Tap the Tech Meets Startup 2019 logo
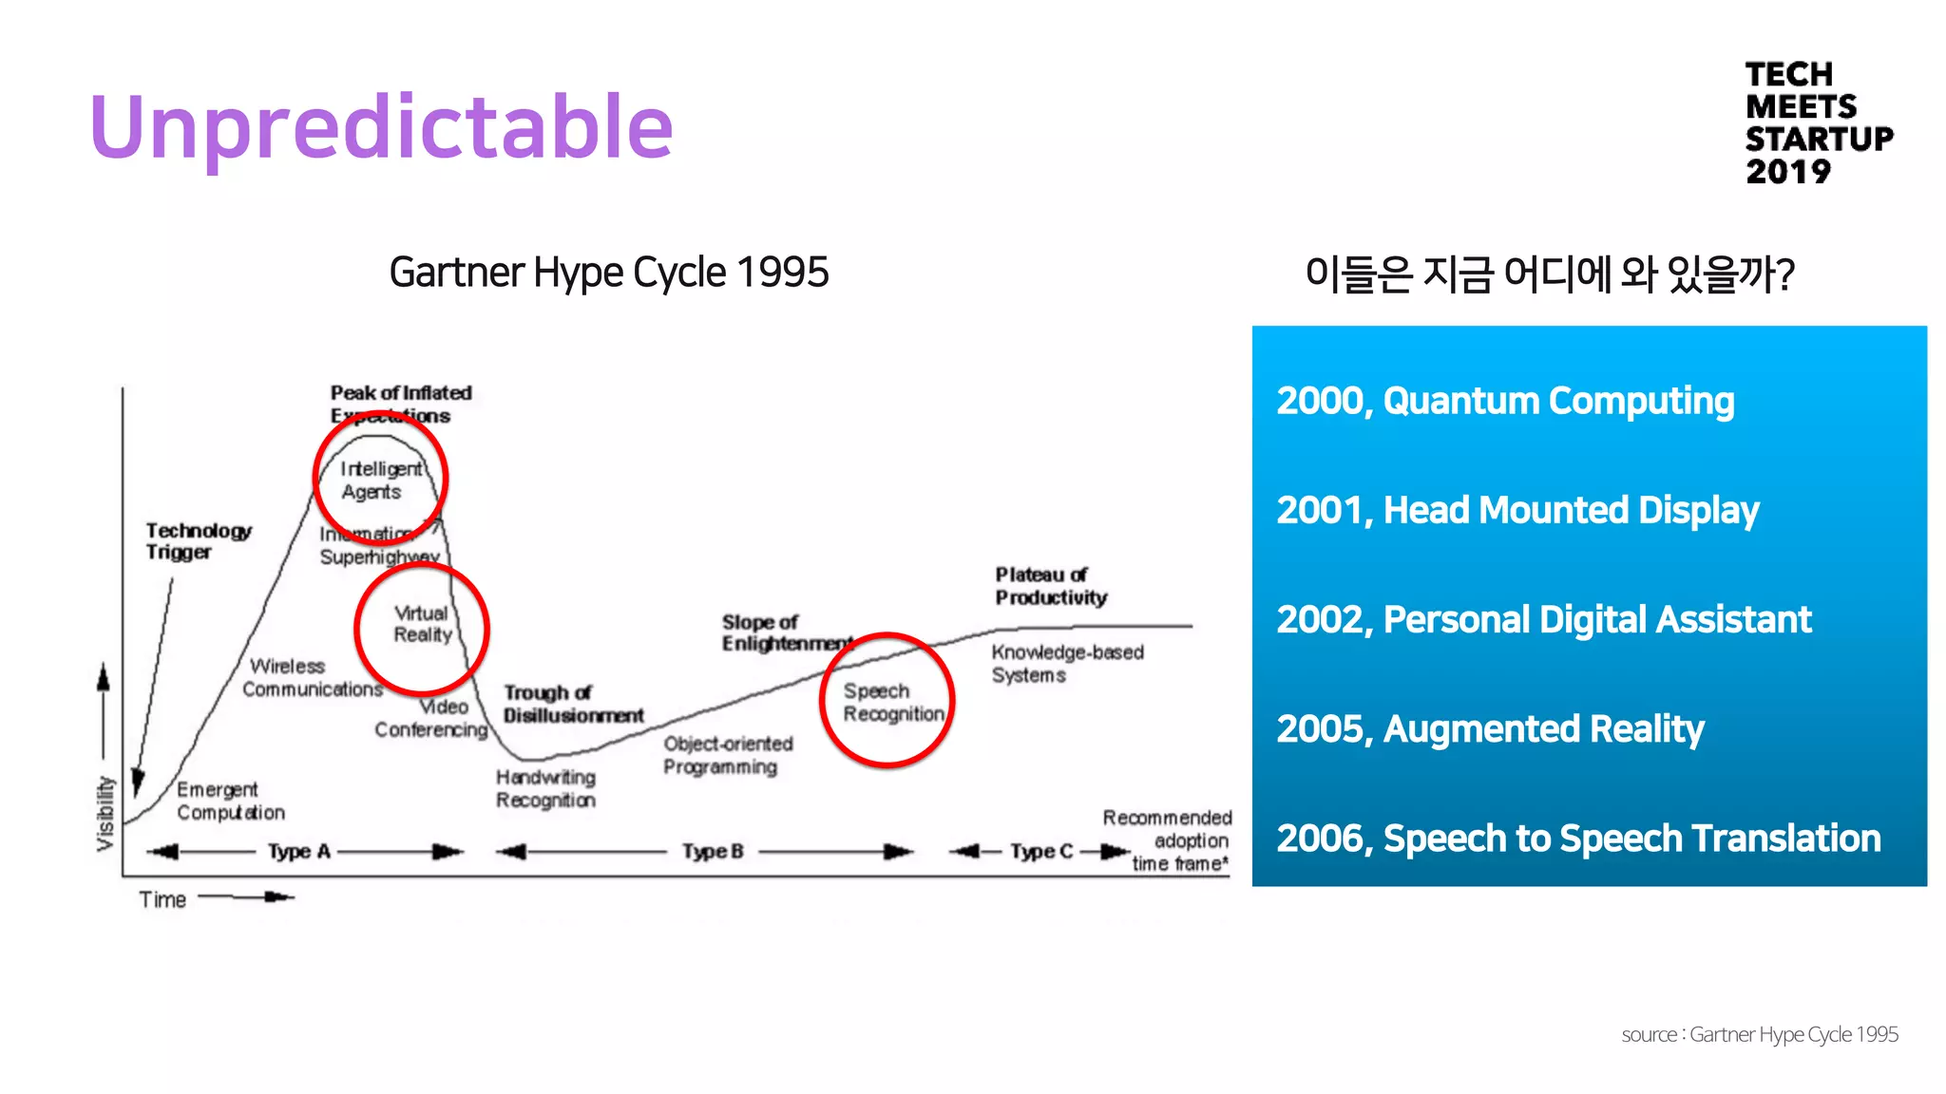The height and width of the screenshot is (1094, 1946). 1817,123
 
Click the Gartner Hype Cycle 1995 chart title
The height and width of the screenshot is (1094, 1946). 608,273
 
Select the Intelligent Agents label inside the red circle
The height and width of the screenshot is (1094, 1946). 379,481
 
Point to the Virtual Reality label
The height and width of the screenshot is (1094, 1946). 422,624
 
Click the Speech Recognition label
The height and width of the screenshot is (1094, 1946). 891,703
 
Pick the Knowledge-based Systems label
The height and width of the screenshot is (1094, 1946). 1066,663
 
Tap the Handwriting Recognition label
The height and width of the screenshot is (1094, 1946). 545,788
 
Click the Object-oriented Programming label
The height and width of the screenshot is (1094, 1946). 727,755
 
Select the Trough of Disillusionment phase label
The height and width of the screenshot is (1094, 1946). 572,704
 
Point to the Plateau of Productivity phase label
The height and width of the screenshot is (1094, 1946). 1051,586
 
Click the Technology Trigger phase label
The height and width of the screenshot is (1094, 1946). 198,541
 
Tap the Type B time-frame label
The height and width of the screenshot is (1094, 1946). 713,852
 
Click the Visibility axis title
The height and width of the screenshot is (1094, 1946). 105,813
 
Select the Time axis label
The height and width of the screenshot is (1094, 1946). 162,899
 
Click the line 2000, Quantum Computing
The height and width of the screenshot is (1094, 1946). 1504,401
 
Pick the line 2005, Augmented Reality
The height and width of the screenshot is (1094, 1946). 1489,729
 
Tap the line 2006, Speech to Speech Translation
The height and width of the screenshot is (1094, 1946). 1577,839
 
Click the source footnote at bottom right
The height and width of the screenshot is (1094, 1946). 1759,1034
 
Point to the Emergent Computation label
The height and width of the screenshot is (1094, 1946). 230,801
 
